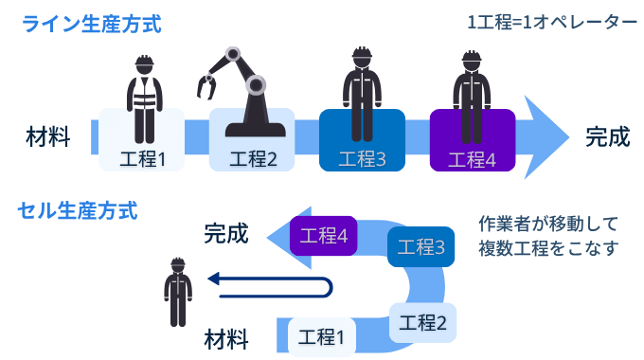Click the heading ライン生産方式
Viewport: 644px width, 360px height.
(93, 23)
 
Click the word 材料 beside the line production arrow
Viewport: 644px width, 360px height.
(47, 137)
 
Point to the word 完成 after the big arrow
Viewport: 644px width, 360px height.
(607, 137)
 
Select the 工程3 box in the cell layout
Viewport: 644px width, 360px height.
(421, 248)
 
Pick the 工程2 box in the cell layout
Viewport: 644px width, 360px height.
(422, 321)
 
